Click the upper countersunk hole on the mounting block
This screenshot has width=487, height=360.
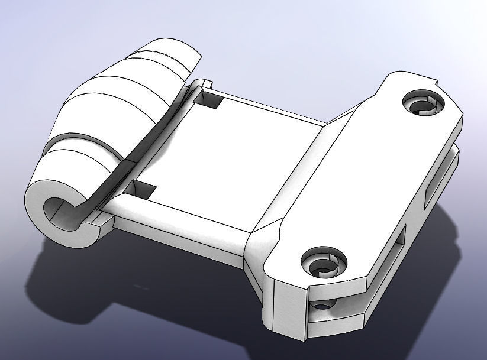click(x=423, y=103)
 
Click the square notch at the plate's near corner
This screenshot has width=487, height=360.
click(x=140, y=190)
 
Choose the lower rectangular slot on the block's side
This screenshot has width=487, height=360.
click(x=396, y=248)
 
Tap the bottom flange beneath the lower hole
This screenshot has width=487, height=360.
click(x=337, y=322)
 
